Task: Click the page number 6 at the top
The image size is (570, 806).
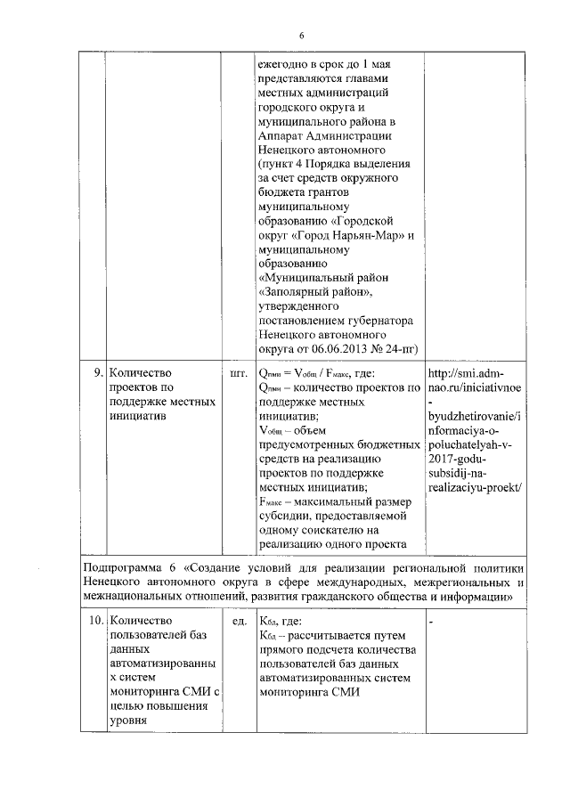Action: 301,35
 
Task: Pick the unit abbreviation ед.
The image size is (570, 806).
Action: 239,621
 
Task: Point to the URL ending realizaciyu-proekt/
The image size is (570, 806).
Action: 475,487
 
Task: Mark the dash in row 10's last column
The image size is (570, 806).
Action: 431,622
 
